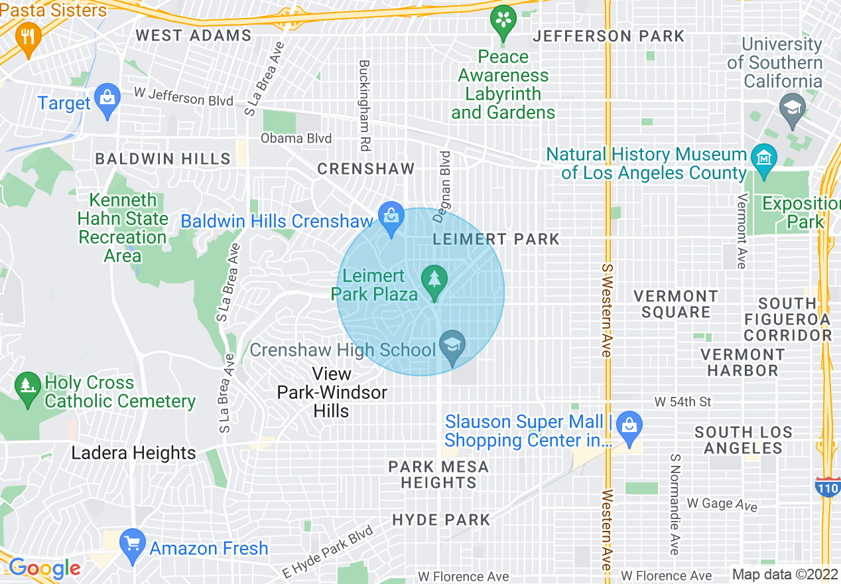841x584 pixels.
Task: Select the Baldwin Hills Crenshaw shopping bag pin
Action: pyautogui.click(x=391, y=217)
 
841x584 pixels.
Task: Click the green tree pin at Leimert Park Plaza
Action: pyautogui.click(x=434, y=279)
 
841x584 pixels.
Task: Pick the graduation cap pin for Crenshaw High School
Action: pyautogui.click(x=452, y=346)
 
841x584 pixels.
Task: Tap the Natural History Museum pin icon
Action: pyautogui.click(x=765, y=159)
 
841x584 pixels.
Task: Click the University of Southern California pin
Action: pyautogui.click(x=792, y=109)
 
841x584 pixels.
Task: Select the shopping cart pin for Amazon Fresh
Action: pyautogui.click(x=133, y=544)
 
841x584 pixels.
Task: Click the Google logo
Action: pyautogui.click(x=44, y=568)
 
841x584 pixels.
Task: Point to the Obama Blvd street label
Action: pyautogui.click(x=296, y=139)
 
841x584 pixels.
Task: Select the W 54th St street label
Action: pyautogui.click(x=682, y=402)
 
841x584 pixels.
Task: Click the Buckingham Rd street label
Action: pyautogui.click(x=364, y=96)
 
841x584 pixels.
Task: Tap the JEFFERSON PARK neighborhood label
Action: pyautogui.click(x=608, y=36)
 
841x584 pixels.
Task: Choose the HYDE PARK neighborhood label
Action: pyautogui.click(x=441, y=520)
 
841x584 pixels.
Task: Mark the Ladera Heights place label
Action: pyautogui.click(x=133, y=453)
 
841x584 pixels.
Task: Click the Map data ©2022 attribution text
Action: pyautogui.click(x=785, y=574)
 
